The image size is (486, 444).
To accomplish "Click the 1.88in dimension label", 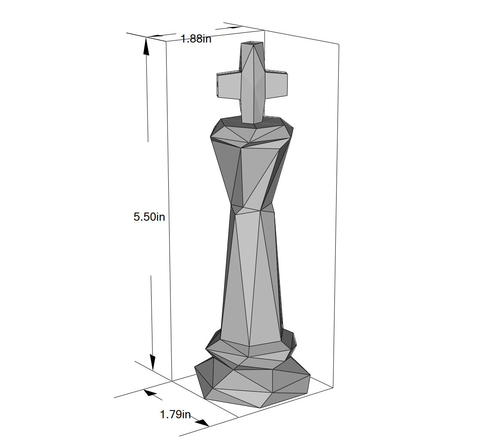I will [196, 39].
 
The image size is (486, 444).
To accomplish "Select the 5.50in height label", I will [149, 217].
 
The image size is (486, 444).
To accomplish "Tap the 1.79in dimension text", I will [175, 414].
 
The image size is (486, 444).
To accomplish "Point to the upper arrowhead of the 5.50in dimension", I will [146, 46].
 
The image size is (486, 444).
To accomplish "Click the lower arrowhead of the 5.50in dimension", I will [152, 362].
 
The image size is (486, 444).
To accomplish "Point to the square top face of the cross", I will [252, 43].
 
